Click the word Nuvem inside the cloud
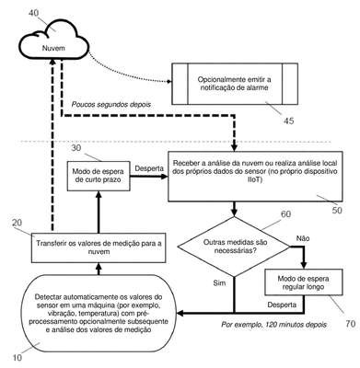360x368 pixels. (53, 48)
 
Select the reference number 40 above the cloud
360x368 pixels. (34, 13)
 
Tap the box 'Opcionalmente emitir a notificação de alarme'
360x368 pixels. (235, 84)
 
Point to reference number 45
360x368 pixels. (288, 121)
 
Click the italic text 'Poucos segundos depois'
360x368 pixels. (111, 104)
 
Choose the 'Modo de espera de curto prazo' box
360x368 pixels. (99, 176)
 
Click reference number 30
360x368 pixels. (77, 148)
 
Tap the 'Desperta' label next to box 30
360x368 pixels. (149, 168)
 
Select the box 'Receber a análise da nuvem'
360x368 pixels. (255, 177)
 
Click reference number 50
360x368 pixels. (337, 210)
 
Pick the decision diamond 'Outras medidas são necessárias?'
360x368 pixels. (235, 247)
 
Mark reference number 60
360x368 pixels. (285, 214)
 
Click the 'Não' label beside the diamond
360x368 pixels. (303, 238)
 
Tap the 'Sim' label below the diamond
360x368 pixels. (219, 282)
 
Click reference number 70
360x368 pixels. (351, 324)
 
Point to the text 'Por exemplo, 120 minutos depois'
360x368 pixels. (274, 324)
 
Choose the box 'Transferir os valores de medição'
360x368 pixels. (99, 247)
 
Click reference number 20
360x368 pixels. (17, 223)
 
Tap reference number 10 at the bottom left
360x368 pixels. (17, 357)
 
